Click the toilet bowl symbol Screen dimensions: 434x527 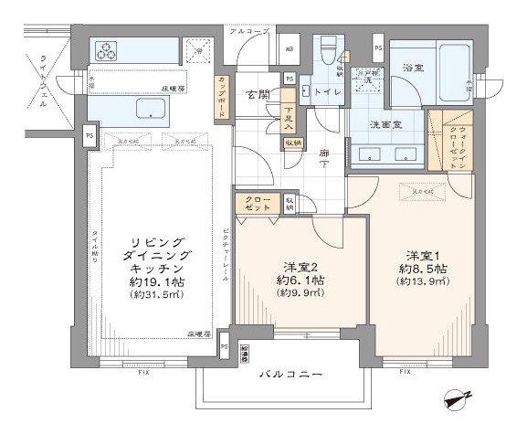coord(327,52)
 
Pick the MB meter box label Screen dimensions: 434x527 coord(291,48)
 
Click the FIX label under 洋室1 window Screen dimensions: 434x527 coord(404,372)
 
